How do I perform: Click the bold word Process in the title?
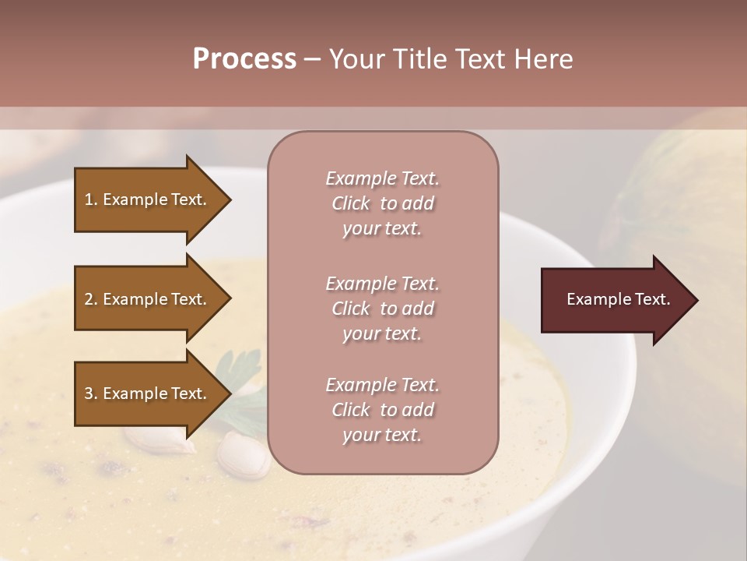244,58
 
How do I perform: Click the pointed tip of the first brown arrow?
229,199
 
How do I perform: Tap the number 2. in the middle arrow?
91,299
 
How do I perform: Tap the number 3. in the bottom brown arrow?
91,393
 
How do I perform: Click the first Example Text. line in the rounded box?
382,178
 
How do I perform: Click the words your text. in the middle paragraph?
382,333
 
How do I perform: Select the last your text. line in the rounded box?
382,436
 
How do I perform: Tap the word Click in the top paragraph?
351,203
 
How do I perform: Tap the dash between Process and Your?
312,59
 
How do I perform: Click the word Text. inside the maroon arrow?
652,299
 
